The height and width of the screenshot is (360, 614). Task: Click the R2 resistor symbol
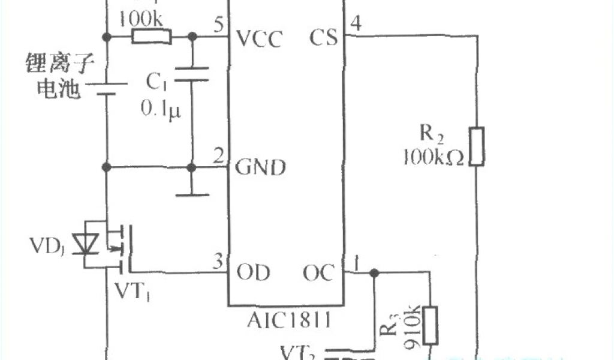click(477, 146)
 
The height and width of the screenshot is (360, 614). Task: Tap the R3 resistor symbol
click(430, 326)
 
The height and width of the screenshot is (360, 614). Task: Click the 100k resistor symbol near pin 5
click(151, 38)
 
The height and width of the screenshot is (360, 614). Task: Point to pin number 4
click(356, 24)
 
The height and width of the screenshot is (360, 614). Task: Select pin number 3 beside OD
click(218, 262)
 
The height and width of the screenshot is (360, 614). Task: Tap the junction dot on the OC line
click(374, 274)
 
